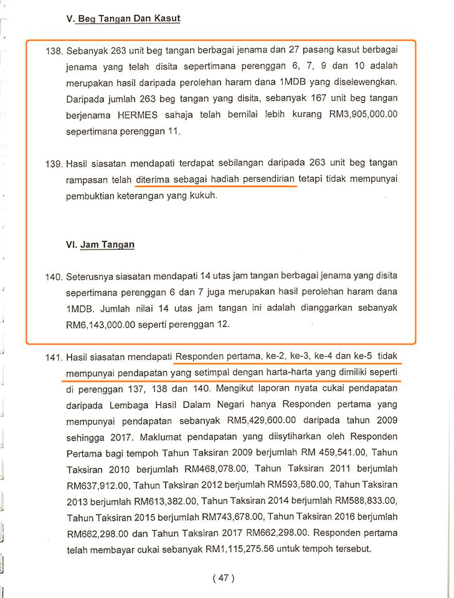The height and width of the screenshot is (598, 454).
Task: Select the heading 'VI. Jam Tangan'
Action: (100, 245)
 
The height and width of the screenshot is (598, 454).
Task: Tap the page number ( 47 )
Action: (224, 578)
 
